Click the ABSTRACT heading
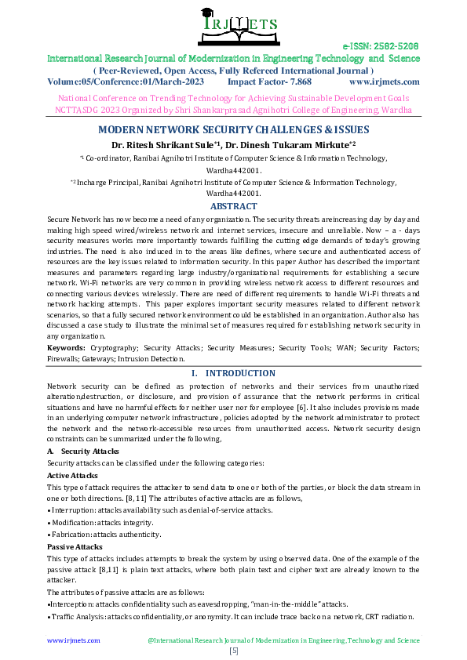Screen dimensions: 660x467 (233, 206)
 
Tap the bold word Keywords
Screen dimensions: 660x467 (66, 346)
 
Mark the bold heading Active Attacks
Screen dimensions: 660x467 (72, 475)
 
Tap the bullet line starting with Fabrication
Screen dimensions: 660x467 (104, 534)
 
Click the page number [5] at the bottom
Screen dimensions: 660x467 (233, 651)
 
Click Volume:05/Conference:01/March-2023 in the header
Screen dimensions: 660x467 (125, 81)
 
